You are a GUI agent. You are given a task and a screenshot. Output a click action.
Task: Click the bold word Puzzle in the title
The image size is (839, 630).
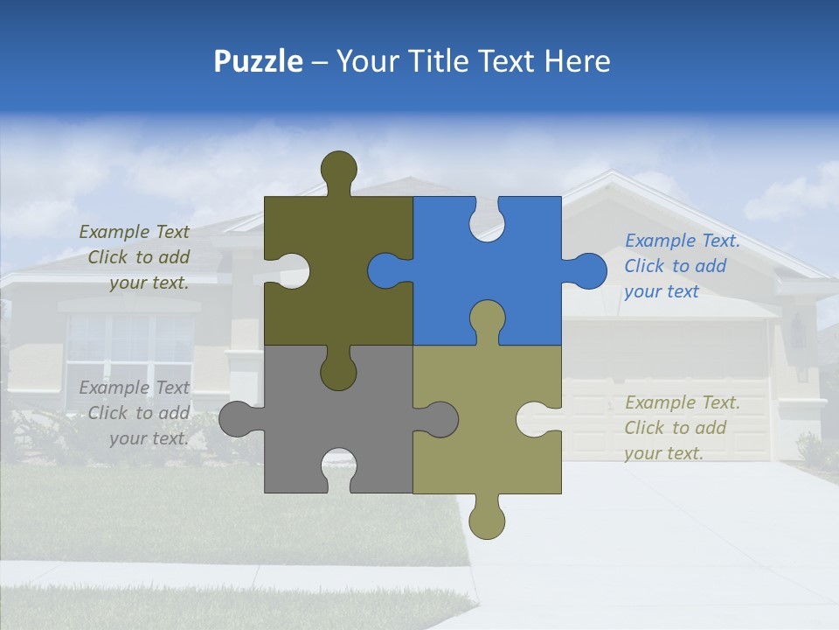tap(259, 61)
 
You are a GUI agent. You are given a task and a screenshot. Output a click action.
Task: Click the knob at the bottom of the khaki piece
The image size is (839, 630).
tap(487, 520)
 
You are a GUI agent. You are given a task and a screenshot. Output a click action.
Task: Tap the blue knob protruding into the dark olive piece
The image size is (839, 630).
tap(385, 270)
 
